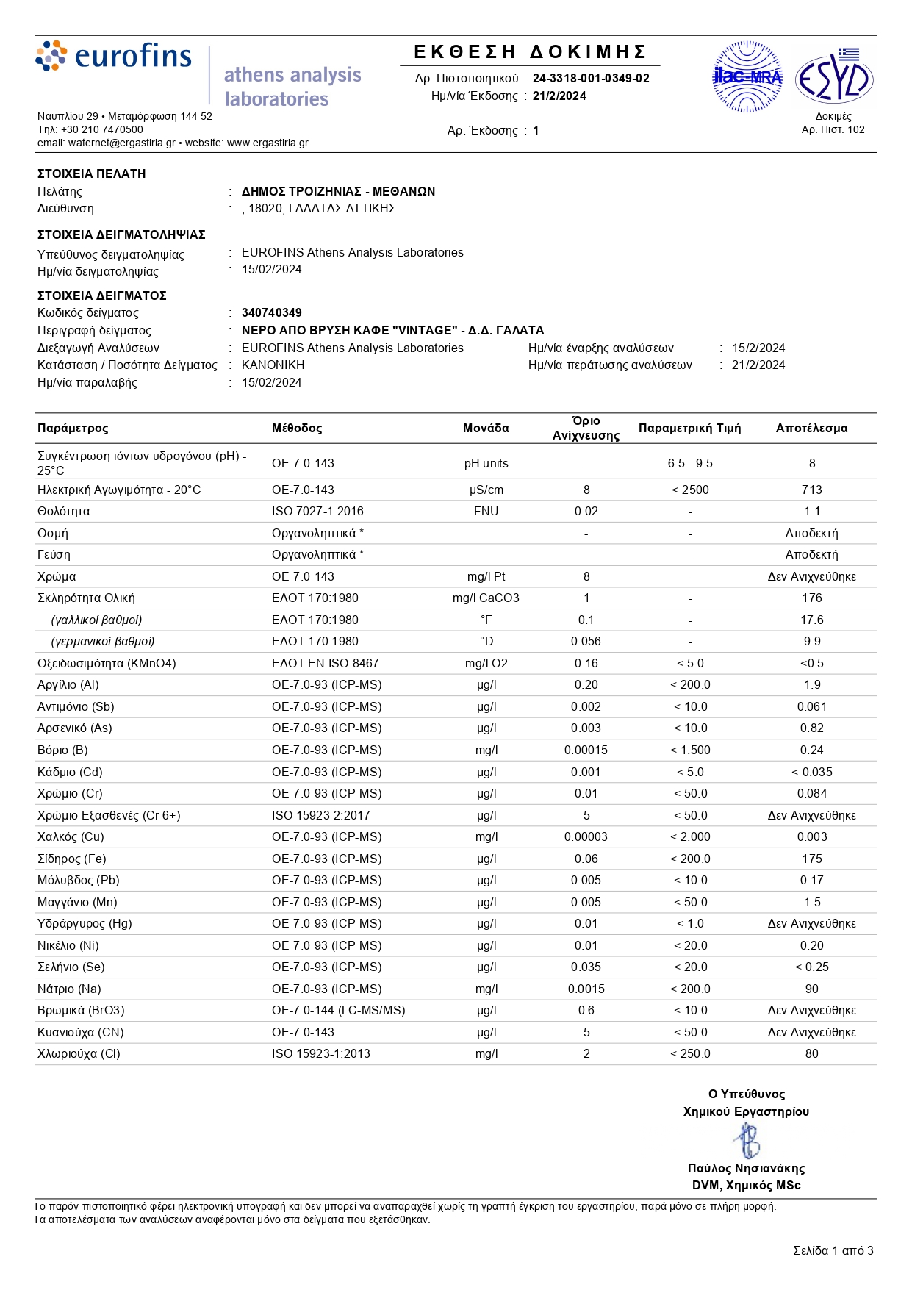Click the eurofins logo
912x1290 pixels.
pos(114,57)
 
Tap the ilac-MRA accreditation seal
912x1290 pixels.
pos(747,76)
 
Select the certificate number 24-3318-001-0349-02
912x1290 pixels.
pos(591,79)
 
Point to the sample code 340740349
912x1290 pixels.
pos(272,313)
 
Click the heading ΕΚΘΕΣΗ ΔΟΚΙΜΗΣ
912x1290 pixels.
pos(530,52)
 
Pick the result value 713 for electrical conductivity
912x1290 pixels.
pos(811,490)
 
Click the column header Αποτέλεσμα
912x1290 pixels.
pos(811,429)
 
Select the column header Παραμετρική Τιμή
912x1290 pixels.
pos(689,429)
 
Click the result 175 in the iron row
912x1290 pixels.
pos(811,859)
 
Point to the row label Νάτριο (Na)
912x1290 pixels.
pos(69,989)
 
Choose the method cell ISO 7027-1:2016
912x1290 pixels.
pos(317,512)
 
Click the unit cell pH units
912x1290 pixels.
pos(486,464)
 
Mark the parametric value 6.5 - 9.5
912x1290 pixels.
pos(690,464)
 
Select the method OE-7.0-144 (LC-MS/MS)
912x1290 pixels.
pos(338,1011)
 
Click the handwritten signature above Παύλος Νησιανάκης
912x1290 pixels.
pos(747,1142)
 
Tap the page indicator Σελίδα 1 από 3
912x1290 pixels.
pos(833,1250)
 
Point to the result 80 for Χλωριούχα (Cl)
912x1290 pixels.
pos(811,1054)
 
